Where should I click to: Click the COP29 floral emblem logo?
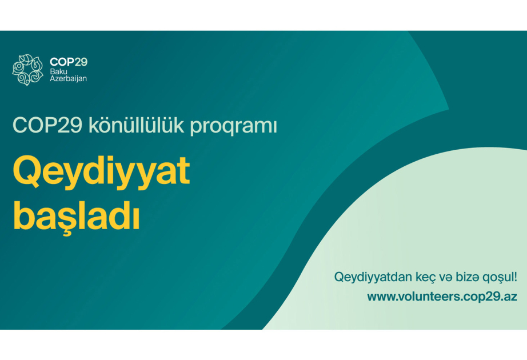coord(28,70)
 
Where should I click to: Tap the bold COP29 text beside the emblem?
coord(69,62)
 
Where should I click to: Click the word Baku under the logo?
coord(58,71)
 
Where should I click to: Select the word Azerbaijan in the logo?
coord(69,79)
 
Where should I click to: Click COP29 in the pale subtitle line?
coord(47,125)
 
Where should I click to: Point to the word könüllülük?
coord(137,125)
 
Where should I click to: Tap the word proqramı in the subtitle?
coord(234,127)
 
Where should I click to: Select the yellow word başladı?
coord(76,216)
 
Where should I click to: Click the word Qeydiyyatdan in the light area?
coord(373,278)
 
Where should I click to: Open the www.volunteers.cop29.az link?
coord(442,297)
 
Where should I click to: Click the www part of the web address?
coord(380,298)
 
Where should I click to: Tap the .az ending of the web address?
coord(509,298)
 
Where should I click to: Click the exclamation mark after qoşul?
coord(515,277)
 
